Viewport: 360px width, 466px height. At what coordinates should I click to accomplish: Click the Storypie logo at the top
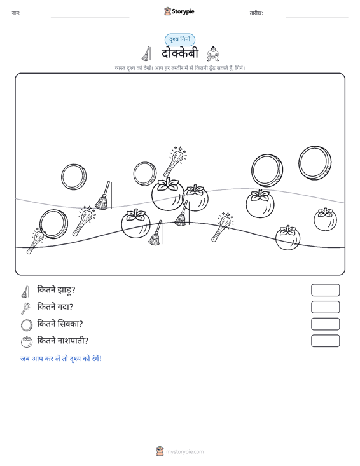pos(179,11)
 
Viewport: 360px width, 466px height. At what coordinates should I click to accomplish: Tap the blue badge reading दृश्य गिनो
pos(180,39)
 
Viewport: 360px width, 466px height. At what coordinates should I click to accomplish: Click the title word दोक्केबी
pos(180,53)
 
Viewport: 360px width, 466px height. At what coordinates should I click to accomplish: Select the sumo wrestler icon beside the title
pos(213,54)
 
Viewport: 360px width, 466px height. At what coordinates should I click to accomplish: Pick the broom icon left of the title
pos(146,54)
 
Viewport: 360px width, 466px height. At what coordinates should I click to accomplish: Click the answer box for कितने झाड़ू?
pos(325,290)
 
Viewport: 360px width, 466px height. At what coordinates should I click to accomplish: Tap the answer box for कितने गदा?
pos(325,307)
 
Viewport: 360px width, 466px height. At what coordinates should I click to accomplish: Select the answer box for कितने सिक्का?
pos(325,324)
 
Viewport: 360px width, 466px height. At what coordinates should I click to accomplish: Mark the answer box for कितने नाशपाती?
pos(325,341)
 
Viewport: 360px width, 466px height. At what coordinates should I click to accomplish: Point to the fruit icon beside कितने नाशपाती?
pos(27,342)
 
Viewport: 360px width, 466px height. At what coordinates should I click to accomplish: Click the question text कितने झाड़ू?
pos(56,290)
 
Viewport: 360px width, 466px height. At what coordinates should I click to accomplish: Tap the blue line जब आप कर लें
pos(61,359)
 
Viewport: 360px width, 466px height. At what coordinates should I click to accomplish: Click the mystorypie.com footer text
pos(184,452)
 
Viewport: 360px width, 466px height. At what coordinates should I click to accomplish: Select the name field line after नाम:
pos(90,17)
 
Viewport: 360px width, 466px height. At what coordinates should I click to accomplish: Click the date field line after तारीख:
pos(317,17)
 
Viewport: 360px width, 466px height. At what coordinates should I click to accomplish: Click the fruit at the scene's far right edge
pos(325,219)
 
